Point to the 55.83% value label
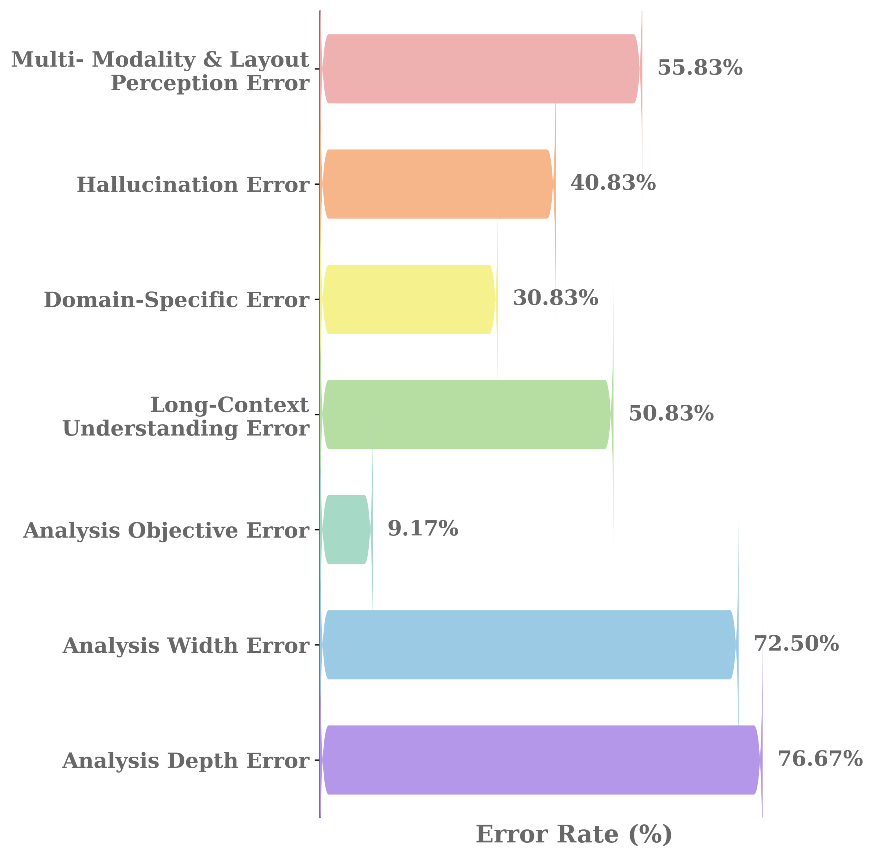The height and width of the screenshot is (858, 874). click(700, 68)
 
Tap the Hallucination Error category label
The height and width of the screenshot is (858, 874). click(193, 185)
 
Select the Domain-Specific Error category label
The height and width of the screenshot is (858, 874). click(176, 300)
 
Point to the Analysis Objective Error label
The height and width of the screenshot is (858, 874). click(166, 530)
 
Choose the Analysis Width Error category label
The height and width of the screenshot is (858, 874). click(186, 646)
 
